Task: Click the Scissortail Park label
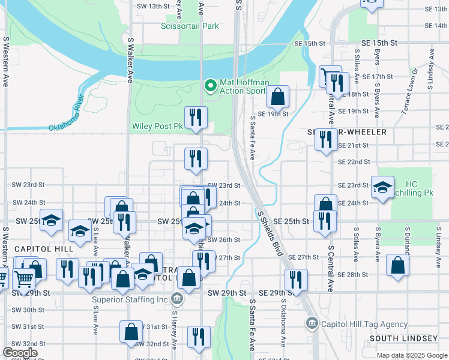[190, 26]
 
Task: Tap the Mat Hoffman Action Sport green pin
[210, 86]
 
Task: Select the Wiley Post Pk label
[157, 127]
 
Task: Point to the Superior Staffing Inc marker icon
[176, 298]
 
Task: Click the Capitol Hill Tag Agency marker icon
[311, 324]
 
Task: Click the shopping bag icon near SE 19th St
[278, 96]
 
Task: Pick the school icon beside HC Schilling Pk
[382, 187]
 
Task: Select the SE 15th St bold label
[380, 44]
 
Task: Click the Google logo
[20, 353]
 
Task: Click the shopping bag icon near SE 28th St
[398, 266]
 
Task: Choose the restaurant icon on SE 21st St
[326, 140]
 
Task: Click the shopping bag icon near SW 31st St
[131, 332]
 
